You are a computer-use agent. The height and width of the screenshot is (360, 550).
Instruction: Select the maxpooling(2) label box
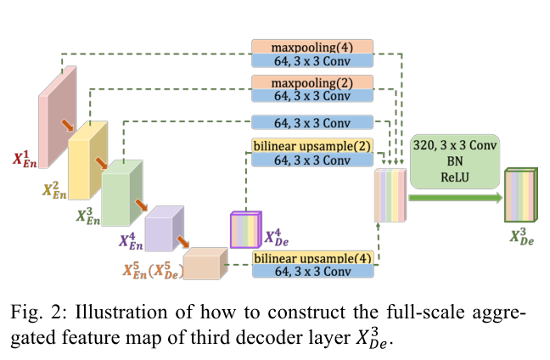click(x=311, y=82)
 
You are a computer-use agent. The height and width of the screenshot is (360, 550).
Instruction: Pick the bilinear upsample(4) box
click(x=311, y=257)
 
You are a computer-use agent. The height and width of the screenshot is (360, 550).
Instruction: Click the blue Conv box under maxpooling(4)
click(x=311, y=60)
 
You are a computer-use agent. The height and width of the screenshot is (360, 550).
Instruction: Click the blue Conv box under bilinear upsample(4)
click(x=311, y=272)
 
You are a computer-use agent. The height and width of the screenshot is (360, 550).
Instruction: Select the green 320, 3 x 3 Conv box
click(x=453, y=160)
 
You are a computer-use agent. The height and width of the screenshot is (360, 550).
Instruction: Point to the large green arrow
click(x=454, y=198)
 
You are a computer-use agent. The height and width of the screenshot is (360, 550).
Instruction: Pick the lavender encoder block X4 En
click(x=163, y=228)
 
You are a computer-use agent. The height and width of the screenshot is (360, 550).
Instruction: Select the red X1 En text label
click(x=27, y=159)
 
